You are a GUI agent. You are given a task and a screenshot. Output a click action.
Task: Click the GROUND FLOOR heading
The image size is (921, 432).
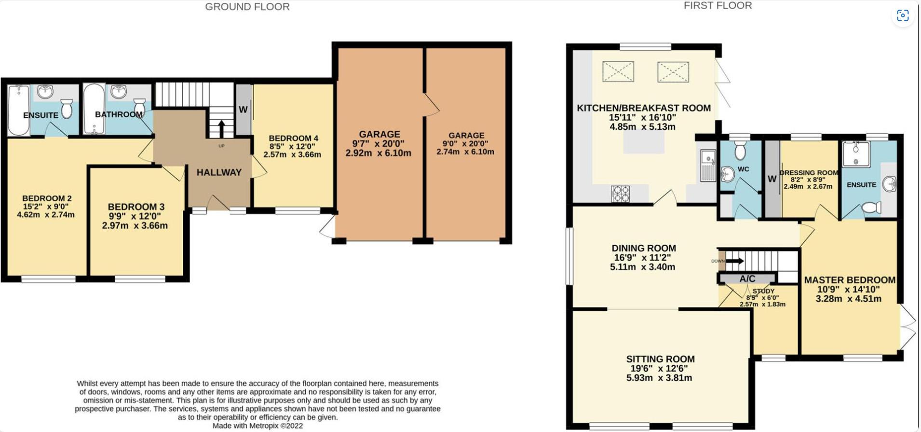pos(247,7)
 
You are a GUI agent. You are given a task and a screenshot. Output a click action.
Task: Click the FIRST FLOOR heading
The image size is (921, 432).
pos(718,6)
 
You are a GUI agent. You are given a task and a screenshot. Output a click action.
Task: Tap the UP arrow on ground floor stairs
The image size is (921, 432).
pos(221,129)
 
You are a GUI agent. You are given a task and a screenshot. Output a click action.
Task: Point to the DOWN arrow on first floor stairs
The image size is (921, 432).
pos(734,261)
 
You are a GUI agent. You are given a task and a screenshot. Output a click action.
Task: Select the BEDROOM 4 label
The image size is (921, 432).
pos(293,138)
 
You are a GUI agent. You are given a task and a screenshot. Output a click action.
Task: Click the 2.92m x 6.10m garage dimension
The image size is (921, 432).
pos(378,153)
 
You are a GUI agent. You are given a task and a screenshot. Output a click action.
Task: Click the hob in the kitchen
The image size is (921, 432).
pos(620,194)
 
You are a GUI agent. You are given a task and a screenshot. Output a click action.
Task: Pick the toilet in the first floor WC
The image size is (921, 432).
pos(740,151)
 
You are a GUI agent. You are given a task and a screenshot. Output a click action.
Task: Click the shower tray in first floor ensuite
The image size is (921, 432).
pos(856,154)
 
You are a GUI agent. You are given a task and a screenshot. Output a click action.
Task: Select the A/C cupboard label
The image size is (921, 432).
pos(747,279)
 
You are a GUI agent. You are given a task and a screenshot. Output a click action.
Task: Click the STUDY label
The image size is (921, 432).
pos(763,291)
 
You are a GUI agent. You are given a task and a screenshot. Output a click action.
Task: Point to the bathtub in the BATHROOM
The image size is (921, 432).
pos(93,109)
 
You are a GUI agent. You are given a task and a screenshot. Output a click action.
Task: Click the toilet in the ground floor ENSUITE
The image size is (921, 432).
pos(67,109)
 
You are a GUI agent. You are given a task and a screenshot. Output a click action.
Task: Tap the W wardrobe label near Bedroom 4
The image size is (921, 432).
pos(243,110)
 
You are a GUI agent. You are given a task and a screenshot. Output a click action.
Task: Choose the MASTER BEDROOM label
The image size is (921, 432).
pos(850,280)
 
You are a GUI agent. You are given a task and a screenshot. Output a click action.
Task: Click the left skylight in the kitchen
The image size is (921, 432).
pos(618,72)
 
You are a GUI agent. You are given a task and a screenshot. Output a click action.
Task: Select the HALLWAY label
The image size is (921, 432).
pos(219,172)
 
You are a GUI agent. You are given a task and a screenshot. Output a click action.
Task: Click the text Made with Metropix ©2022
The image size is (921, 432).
pos(257,426)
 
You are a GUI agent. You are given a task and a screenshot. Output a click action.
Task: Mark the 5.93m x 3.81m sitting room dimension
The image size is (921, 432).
pos(659,378)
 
